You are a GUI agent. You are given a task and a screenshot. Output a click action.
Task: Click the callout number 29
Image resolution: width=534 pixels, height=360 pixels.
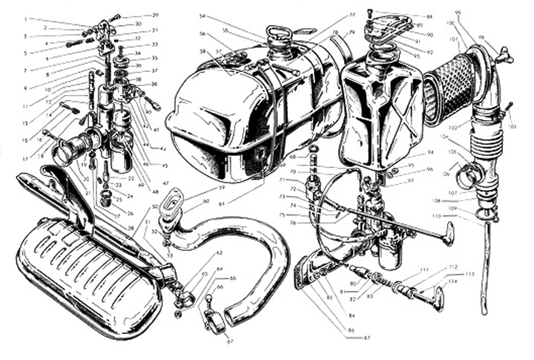(155, 15)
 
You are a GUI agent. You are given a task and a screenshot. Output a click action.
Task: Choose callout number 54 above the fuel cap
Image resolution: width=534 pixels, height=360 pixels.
(202, 16)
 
